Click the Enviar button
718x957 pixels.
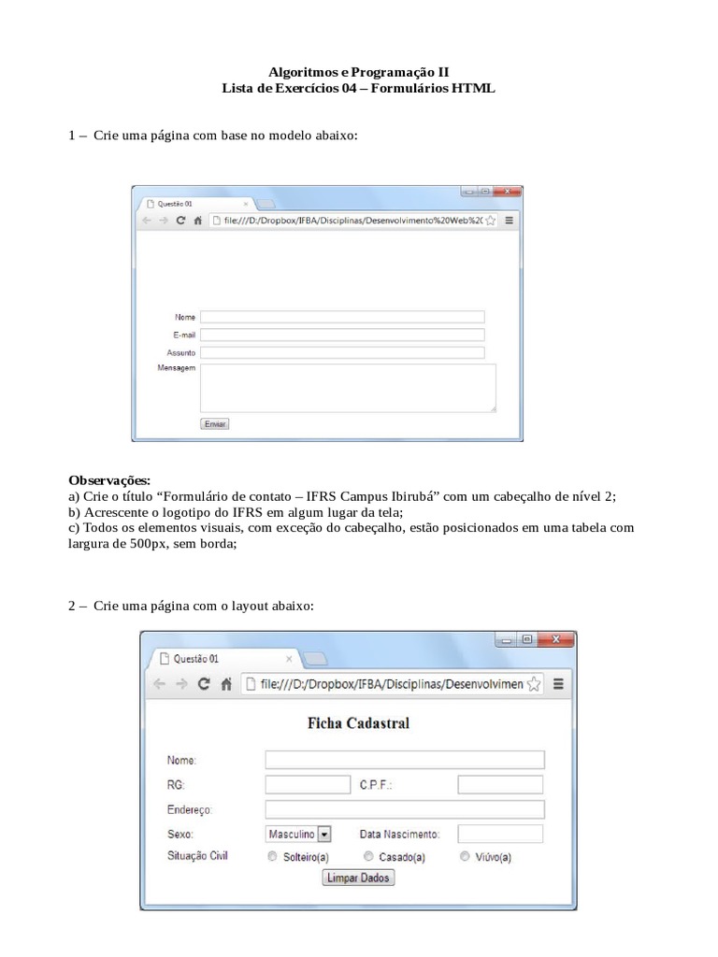click(x=215, y=423)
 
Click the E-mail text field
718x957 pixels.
click(x=342, y=335)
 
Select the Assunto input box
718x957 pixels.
click(x=342, y=352)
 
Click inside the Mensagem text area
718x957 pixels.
click(x=348, y=387)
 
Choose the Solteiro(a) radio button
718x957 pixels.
click(x=273, y=856)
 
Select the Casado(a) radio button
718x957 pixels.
click(x=368, y=856)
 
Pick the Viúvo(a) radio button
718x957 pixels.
click(x=465, y=856)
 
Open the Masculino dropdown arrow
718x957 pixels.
click(x=324, y=834)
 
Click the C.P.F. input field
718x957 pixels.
click(x=500, y=784)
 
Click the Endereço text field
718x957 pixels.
click(x=405, y=809)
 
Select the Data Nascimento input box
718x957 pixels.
click(x=500, y=834)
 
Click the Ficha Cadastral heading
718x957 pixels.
click(x=358, y=723)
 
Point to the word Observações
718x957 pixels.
click(x=109, y=479)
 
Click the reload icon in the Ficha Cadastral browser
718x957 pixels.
click(x=204, y=684)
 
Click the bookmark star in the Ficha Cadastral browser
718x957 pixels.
click(x=534, y=684)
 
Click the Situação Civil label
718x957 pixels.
click(x=196, y=855)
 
